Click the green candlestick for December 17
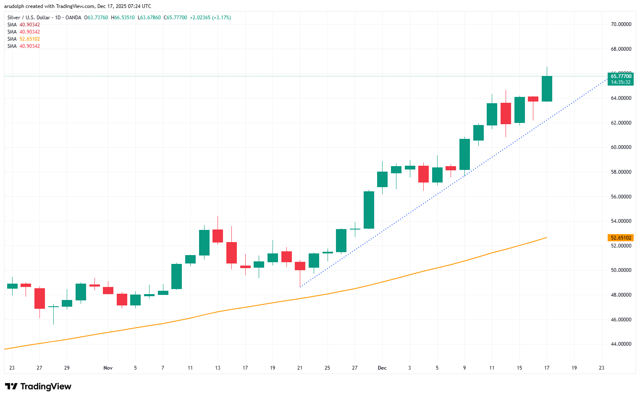547,89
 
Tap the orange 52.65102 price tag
620,238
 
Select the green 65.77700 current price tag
620,76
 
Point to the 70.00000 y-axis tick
621,24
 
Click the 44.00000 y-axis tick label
621,344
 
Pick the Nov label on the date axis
108,368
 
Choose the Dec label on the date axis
382,368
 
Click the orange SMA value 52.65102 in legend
29,39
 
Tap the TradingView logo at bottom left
38,386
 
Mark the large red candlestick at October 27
39,298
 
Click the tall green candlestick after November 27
369,210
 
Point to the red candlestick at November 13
218,236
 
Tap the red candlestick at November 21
300,266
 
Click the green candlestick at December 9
464,154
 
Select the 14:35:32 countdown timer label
620,82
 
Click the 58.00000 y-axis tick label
621,172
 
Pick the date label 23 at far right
601,368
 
